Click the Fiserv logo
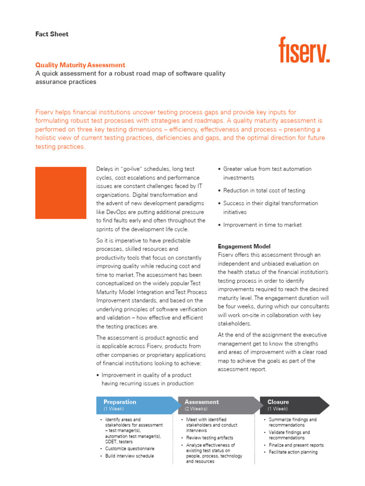(304, 50)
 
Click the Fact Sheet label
(52, 34)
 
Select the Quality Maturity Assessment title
(80, 65)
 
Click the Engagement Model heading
(244, 246)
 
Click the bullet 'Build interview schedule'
(130, 456)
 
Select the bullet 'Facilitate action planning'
(293, 452)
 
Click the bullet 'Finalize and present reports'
(296, 445)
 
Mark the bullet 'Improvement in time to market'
(262, 225)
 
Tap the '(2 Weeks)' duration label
(196, 409)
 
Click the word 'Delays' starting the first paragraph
(105, 169)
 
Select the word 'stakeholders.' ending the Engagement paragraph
(235, 324)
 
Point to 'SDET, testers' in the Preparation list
(119, 441)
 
